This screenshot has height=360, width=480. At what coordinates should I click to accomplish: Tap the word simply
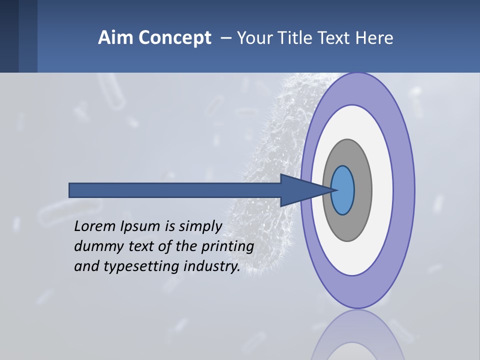pyautogui.click(x=200, y=227)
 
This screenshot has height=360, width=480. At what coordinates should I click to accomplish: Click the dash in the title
pyautogui.click(x=226, y=38)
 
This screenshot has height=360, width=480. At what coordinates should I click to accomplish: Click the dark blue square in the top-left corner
pyautogui.click(x=9, y=36)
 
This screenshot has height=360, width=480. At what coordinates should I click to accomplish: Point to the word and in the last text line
pyautogui.click(x=85, y=266)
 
